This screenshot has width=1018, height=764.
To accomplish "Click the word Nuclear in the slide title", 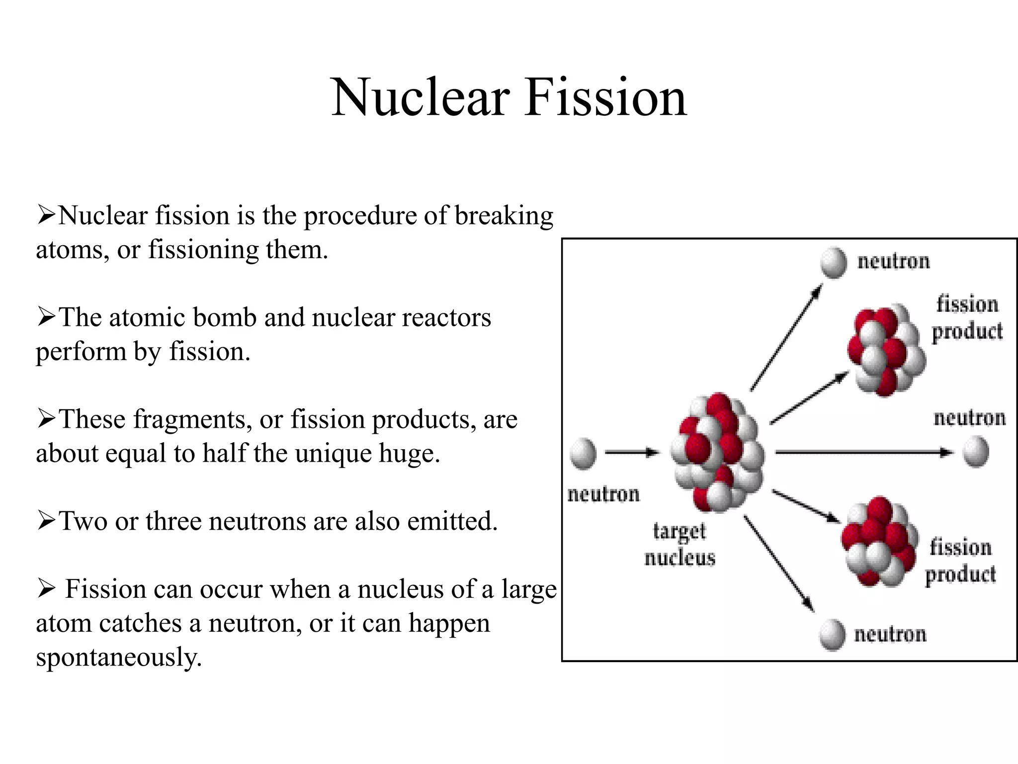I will point(421,98).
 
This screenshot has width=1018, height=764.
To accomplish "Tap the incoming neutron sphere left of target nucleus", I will point(583,453).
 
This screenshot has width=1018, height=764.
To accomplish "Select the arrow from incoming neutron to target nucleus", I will point(631,453).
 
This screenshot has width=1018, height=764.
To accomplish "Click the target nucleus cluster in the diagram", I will point(717,453).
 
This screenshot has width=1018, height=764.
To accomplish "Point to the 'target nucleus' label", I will point(679,545).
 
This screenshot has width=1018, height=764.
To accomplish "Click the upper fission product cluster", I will point(886,351).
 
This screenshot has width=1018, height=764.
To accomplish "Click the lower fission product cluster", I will point(879,542).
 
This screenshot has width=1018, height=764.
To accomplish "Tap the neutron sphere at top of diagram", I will point(834,263).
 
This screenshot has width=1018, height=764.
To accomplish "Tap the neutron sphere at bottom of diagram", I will point(832,635).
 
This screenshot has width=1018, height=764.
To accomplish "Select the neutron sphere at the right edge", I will point(976,452).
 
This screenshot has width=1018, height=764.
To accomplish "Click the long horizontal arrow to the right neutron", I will point(862,453).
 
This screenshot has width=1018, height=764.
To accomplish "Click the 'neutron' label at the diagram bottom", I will point(890,635).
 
